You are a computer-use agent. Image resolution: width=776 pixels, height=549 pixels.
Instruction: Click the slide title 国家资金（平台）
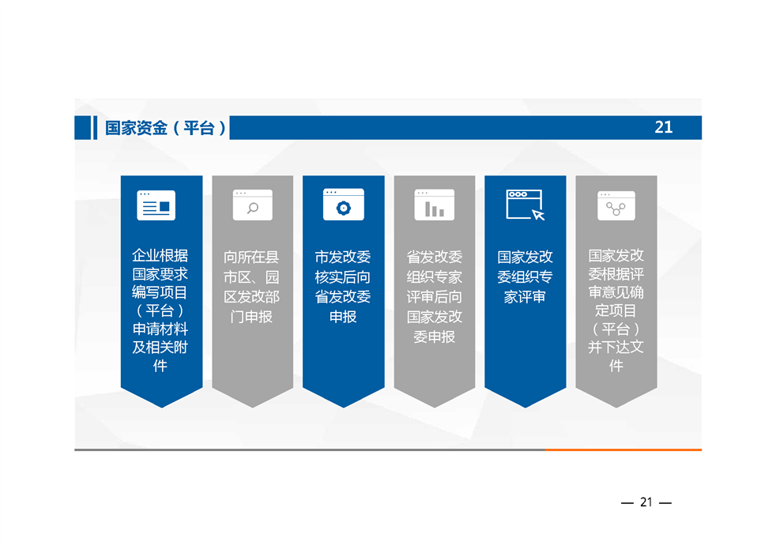coord(165,128)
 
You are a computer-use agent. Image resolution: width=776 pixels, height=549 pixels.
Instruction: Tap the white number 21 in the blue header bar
coord(664,128)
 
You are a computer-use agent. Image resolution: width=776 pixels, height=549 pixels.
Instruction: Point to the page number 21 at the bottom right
coord(646,502)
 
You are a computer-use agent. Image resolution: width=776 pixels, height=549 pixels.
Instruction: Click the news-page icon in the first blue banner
coord(156,205)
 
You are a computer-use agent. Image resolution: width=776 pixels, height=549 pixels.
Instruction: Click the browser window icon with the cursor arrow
coord(525,205)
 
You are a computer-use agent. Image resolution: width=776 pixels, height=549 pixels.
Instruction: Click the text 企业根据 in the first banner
coord(160,256)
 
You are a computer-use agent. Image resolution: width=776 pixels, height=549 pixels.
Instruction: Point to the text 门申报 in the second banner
coord(251,317)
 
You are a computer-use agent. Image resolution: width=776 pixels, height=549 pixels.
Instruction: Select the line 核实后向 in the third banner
coord(342,277)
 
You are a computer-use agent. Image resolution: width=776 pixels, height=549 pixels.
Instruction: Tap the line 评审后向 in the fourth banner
coord(434,297)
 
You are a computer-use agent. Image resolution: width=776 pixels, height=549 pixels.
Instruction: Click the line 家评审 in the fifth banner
coord(525,297)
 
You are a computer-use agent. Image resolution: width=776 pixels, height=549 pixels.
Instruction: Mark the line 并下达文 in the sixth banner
coord(616,348)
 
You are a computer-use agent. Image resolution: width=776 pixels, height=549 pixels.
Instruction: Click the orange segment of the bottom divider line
coord(623,449)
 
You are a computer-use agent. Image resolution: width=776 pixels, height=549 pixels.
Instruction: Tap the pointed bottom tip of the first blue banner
coord(162,408)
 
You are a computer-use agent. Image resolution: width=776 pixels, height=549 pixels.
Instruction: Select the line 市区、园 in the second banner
coord(251,277)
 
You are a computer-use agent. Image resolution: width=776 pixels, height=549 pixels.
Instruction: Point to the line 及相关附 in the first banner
coord(160,348)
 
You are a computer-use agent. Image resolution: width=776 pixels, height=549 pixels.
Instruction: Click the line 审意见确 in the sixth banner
coord(616,292)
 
